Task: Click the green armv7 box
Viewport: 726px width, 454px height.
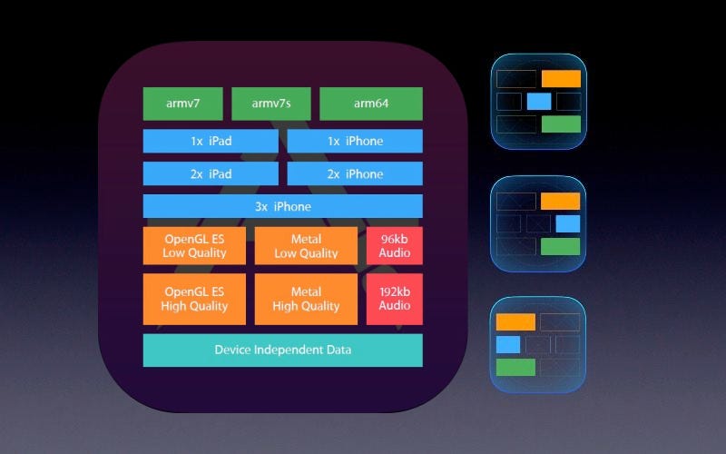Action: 182,104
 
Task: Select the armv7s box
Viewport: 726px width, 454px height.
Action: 271,104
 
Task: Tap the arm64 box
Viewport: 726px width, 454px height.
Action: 371,104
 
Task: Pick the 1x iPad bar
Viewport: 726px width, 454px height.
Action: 211,141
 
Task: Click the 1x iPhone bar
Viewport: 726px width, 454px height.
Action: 355,141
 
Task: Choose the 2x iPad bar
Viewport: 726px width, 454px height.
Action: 211,173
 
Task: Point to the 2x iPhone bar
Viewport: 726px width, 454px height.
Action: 355,173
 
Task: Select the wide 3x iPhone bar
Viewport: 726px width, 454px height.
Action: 282,206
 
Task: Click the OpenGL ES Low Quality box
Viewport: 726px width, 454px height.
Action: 193,245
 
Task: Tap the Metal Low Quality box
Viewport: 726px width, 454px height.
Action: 306,245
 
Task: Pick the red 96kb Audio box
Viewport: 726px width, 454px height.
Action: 395,245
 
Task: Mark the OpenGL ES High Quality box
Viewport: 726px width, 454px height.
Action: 193,299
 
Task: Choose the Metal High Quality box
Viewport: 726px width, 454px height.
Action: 306,299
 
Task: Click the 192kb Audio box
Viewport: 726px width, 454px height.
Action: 395,299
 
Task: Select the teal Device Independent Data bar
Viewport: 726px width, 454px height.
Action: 282,350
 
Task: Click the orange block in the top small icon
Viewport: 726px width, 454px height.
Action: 560,78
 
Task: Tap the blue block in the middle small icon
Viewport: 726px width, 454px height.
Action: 567,223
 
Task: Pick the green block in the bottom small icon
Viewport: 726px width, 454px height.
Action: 515,367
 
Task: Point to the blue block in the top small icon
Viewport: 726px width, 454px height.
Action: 538,101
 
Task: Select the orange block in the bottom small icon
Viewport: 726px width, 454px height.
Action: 515,321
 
